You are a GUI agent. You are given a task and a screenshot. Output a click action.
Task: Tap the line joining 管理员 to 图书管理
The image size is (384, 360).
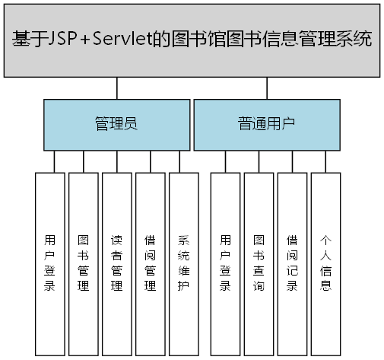(x=83, y=161)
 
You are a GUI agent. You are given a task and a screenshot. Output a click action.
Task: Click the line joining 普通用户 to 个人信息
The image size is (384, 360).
(x=325, y=161)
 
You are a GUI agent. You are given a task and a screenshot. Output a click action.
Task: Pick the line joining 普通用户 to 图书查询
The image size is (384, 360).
(x=259, y=161)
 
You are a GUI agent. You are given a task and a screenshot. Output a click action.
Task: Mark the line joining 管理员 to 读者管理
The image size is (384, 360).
(x=116, y=161)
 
